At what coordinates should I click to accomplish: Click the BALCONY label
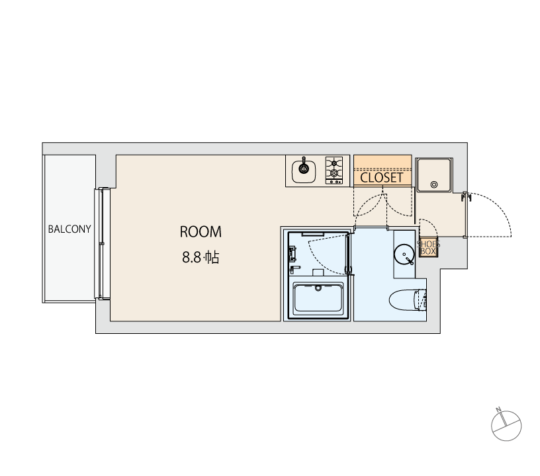point(69,229)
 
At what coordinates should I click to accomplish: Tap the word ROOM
point(201,232)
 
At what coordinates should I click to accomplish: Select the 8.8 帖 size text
point(201,257)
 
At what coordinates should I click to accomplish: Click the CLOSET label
point(382,178)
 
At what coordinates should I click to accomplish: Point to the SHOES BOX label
point(428,248)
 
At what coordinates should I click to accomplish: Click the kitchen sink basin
point(303,172)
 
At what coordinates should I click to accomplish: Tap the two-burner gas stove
point(334,171)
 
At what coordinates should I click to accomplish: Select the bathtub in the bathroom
point(318,298)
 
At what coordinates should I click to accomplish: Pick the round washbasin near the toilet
point(404,255)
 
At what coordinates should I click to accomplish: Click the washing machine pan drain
point(434,184)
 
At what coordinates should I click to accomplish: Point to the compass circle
point(506,426)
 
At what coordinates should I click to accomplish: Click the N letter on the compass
point(498,410)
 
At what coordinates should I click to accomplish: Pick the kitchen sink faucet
point(304,165)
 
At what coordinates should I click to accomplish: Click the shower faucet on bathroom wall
point(292,254)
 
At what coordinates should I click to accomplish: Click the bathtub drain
point(318,288)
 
